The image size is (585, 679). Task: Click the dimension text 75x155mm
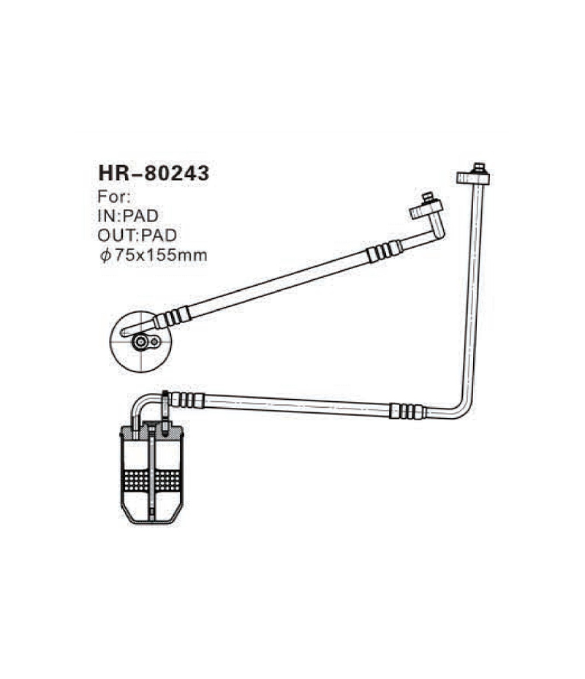tap(159, 255)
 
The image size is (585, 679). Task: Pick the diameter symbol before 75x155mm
tap(105, 255)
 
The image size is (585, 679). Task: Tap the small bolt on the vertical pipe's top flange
tap(479, 167)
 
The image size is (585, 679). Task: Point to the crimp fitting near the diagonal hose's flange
tap(385, 251)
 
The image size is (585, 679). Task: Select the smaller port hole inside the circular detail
tap(154, 341)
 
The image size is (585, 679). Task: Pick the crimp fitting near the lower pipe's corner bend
tap(407, 411)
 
